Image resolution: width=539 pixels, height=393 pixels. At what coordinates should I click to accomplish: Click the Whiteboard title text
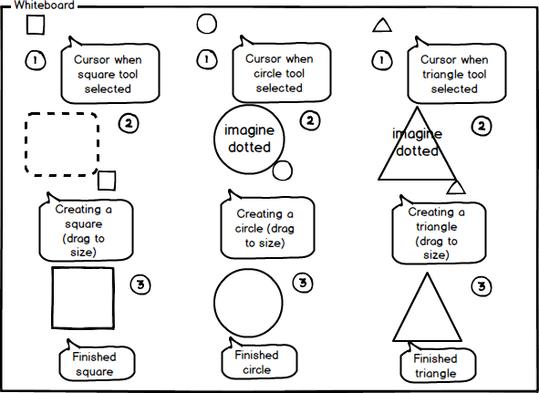(44, 5)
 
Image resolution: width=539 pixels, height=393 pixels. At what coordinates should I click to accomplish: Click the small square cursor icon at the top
(36, 25)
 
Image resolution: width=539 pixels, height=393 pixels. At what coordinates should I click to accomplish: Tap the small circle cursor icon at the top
(207, 24)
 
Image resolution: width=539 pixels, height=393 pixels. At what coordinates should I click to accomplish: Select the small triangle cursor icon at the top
(382, 26)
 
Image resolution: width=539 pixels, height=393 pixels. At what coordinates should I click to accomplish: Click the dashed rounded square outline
(26, 144)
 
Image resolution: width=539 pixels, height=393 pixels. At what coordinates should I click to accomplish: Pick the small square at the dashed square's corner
(107, 181)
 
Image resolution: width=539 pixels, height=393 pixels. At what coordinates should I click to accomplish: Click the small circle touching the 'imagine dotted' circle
(282, 171)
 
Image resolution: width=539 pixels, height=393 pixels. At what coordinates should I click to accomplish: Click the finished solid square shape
(52, 298)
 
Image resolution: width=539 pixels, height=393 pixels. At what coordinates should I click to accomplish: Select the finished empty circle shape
(214, 303)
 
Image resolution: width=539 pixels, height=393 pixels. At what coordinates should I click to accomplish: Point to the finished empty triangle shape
(410, 306)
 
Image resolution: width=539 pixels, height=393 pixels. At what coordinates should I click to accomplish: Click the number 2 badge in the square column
(129, 123)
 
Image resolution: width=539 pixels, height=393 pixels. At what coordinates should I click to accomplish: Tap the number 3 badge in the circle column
(303, 283)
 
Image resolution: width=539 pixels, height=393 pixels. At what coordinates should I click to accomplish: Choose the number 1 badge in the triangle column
(382, 60)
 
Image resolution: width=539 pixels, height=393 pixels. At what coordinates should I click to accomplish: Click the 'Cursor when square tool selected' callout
(110, 72)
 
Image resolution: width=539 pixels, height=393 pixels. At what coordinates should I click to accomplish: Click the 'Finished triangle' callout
(439, 365)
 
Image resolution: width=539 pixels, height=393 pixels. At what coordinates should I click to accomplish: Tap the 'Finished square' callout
(97, 363)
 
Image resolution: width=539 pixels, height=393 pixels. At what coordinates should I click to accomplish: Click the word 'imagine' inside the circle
(249, 130)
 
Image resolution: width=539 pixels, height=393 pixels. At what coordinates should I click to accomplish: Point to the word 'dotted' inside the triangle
(417, 150)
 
